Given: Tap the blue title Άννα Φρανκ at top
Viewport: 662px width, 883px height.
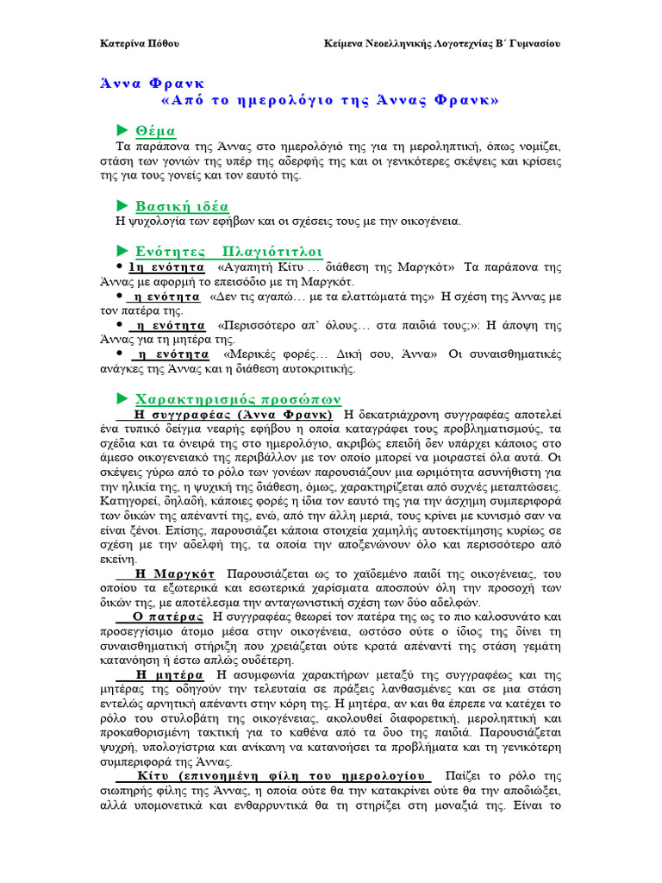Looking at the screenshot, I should point(152,84).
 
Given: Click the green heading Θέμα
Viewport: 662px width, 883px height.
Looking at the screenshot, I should point(156,131).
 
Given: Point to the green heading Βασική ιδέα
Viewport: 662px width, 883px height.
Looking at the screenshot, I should point(182,205).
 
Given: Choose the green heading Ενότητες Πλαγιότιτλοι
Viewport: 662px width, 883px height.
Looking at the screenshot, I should point(229,251).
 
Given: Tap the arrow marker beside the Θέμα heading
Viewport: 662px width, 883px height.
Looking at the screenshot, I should point(122,130).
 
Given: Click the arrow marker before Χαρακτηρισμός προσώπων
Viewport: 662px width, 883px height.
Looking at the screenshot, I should point(122,398).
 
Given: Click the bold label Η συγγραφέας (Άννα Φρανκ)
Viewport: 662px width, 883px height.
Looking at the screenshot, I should point(234,415).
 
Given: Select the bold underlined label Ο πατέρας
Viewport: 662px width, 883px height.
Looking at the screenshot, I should point(169,617).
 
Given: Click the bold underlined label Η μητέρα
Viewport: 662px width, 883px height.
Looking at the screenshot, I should point(170,674).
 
